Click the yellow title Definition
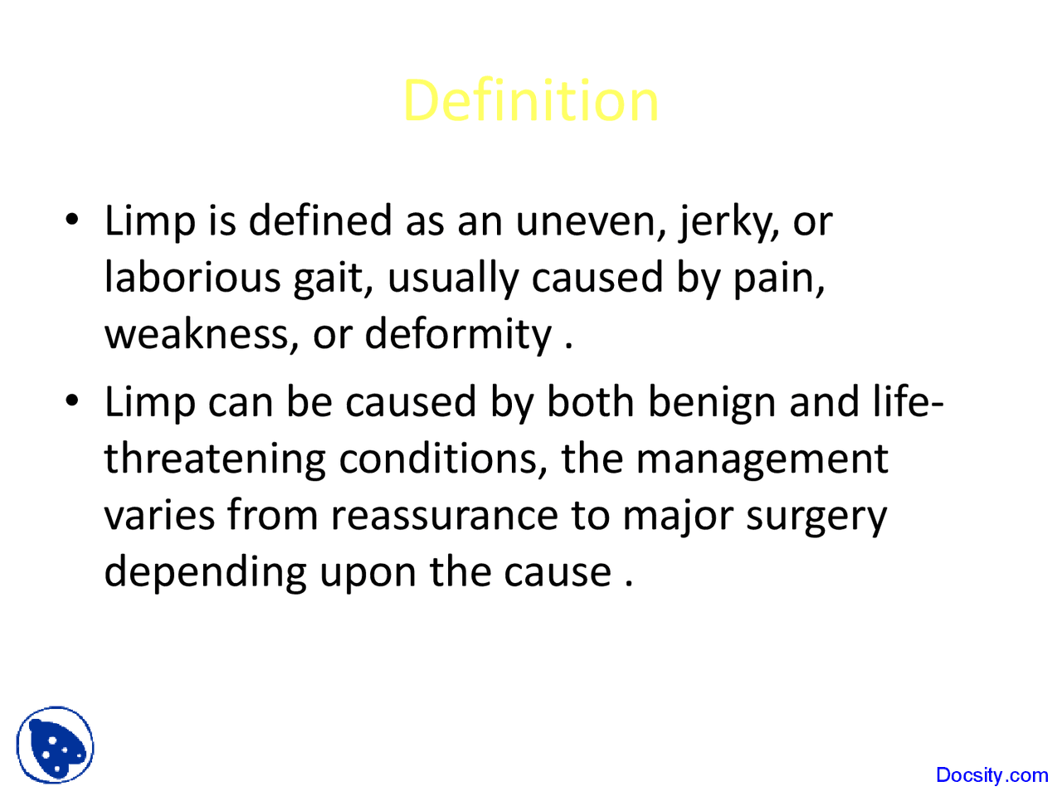click(530, 101)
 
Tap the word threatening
click(215, 459)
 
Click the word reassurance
click(444, 515)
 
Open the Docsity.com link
click(991, 775)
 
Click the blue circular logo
click(55, 745)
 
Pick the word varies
click(159, 515)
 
